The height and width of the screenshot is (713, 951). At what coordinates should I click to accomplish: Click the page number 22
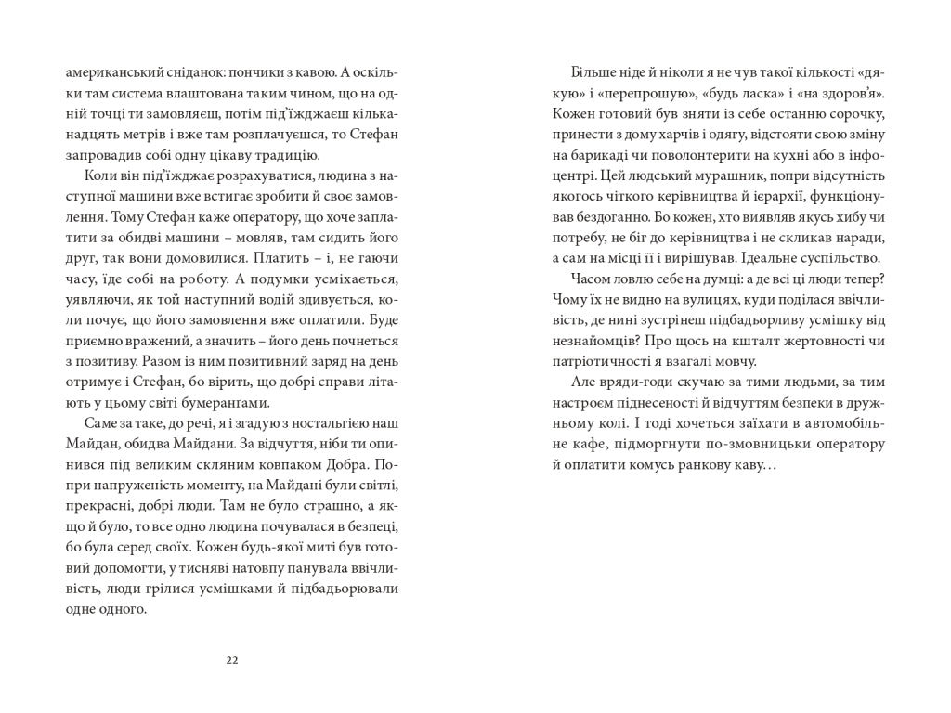tap(232, 660)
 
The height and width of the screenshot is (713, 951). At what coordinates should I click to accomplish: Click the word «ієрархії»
tap(767, 196)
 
